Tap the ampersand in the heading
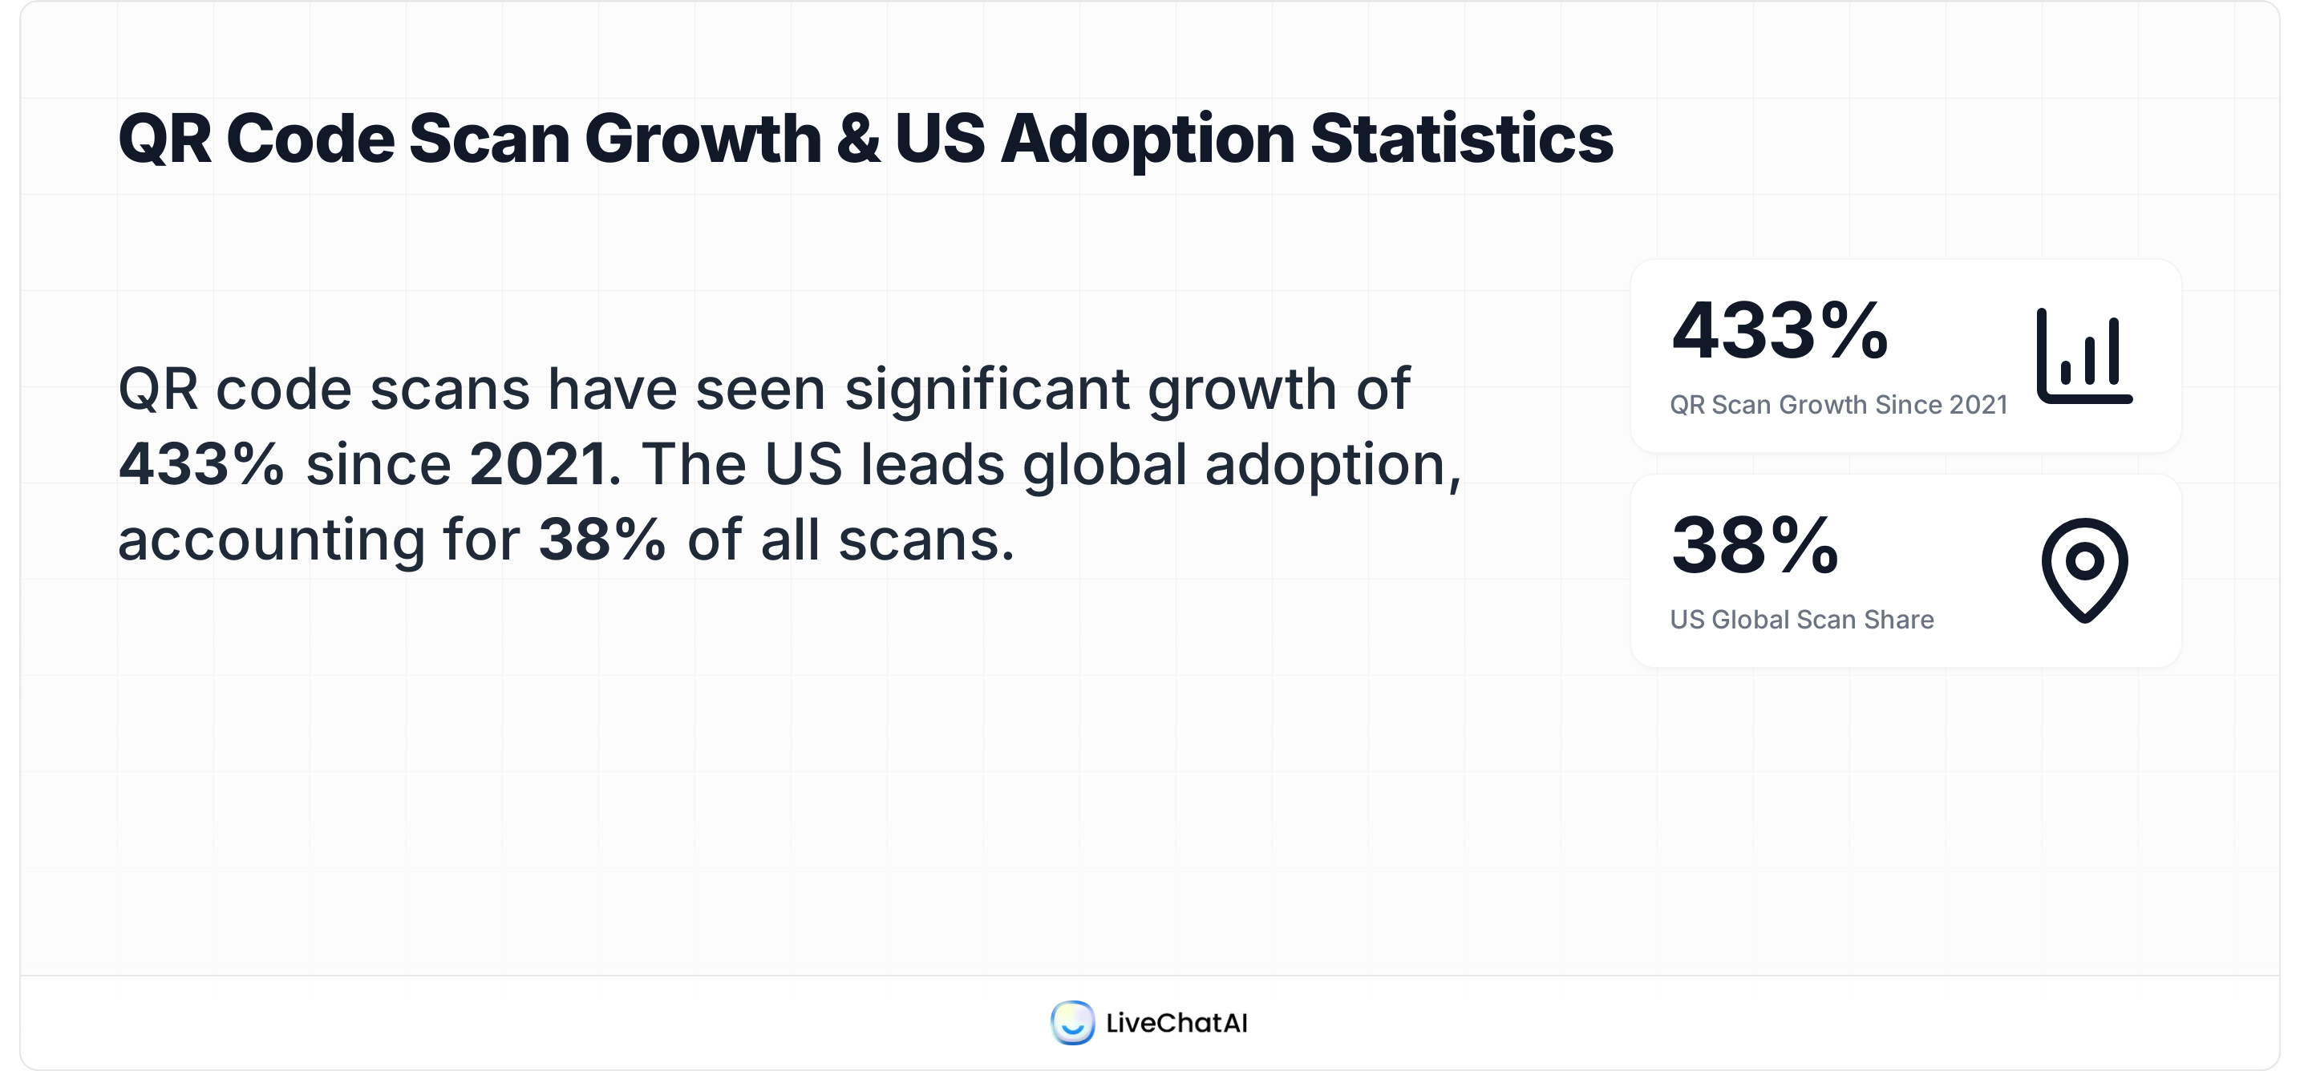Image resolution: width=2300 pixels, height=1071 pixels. coord(858,139)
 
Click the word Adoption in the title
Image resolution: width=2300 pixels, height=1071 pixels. coord(1148,141)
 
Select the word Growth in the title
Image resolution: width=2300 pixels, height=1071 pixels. coord(703,139)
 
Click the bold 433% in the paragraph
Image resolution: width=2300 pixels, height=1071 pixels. coord(201,464)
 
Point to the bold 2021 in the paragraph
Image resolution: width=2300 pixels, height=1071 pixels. coord(538,464)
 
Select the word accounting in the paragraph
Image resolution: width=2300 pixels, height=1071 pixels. coord(271,541)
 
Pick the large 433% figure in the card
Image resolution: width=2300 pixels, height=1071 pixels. coord(1780,331)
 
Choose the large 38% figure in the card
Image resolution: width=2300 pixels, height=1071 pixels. coord(1755,545)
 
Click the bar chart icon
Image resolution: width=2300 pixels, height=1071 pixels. coord(2084,356)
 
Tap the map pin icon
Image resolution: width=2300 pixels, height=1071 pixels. coord(2084,569)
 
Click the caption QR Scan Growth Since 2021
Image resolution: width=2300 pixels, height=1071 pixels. coord(1837,405)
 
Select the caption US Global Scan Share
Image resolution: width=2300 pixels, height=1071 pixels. coord(1801,620)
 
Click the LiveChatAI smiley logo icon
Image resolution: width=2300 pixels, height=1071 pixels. coord(1071,1023)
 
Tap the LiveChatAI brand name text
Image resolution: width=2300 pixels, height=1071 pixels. coord(1176,1023)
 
